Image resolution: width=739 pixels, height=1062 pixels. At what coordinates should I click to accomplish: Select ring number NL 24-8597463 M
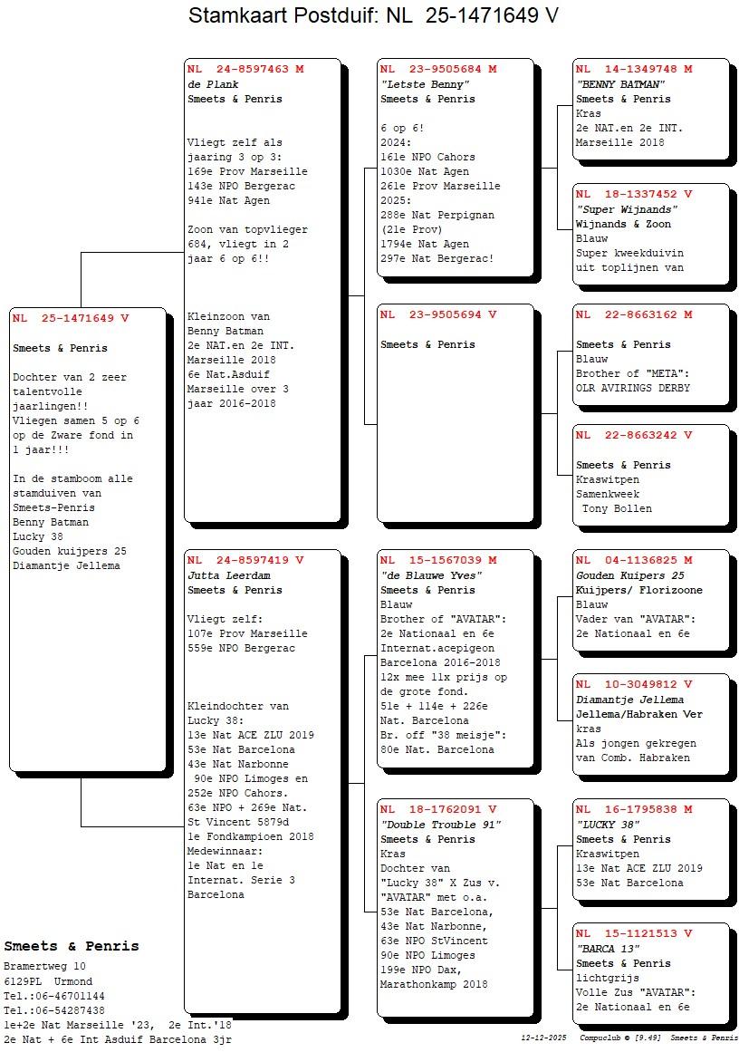245,69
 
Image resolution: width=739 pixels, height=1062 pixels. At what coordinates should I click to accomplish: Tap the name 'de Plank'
213,84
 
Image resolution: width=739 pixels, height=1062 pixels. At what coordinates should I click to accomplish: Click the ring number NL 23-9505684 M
438,69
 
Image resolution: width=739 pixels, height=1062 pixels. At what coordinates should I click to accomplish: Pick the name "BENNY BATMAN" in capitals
621,84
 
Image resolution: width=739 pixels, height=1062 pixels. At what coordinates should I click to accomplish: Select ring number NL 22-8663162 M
634,315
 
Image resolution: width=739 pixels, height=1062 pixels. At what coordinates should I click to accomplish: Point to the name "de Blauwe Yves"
431,575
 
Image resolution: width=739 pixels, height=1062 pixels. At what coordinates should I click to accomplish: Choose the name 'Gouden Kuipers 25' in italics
629,575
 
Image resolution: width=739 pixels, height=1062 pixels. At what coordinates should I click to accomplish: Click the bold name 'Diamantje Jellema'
629,700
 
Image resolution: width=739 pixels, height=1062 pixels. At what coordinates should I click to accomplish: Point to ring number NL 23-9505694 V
438,315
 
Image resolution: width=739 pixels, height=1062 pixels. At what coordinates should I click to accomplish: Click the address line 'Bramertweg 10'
44,967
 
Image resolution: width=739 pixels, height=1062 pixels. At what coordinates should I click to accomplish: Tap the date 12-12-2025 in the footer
543,1038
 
